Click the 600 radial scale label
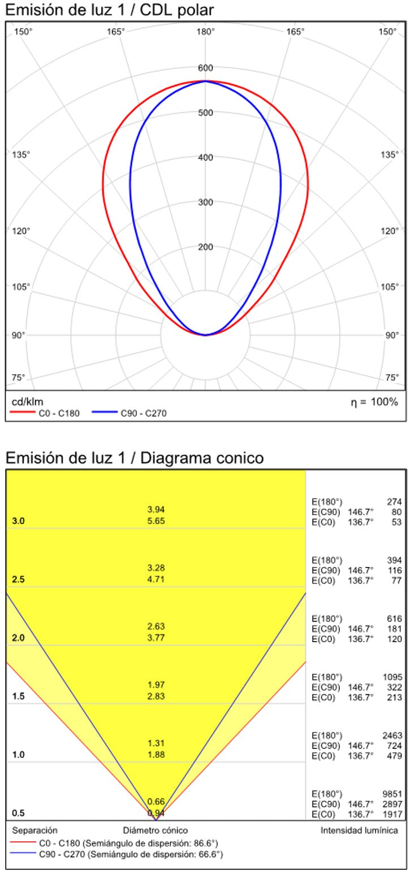205,68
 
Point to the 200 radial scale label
205,247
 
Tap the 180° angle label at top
205,32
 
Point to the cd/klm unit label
28,402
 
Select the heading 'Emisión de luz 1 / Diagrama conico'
134,457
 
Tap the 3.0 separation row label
18,521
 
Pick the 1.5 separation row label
18,696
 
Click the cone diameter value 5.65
156,521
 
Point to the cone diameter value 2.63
156,626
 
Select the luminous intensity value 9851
391,793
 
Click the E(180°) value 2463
391,735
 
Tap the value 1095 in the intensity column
391,677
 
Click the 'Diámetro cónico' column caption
156,830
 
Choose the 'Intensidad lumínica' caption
359,830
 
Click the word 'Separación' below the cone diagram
35,830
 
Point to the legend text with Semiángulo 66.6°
131,855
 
